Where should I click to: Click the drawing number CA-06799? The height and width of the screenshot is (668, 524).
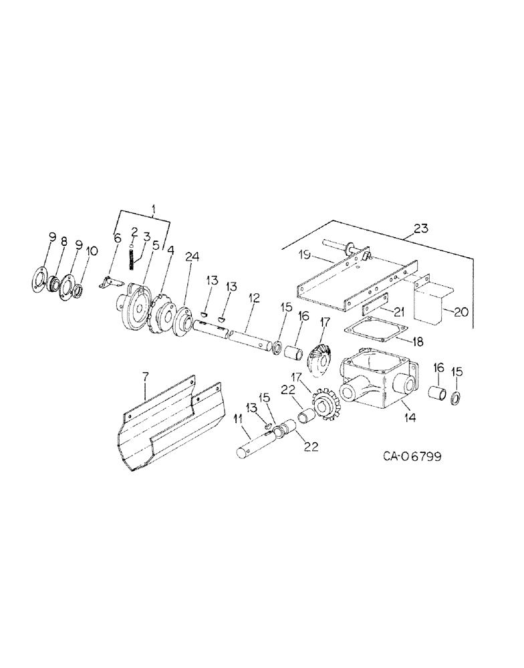[x=412, y=457]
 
